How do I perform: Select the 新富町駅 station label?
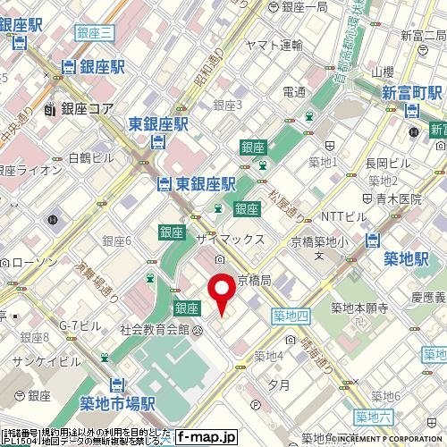point(413,93)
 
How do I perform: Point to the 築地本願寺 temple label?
point(358,308)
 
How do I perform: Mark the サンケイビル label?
point(46,362)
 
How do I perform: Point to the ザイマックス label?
point(231,239)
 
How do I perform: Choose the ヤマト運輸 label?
point(274,46)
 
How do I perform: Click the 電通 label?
point(294,91)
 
